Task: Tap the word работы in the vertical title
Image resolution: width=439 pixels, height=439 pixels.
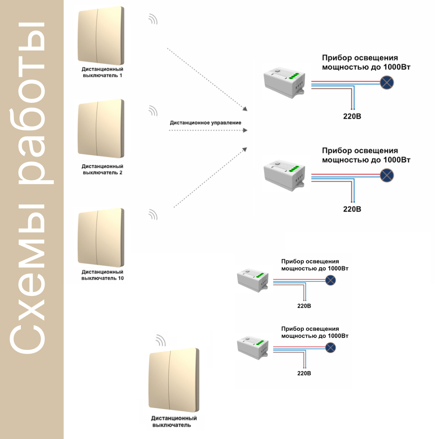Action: (31, 103)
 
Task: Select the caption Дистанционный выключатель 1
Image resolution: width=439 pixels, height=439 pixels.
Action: (102, 72)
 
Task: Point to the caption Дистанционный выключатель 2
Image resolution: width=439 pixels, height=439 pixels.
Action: (102, 169)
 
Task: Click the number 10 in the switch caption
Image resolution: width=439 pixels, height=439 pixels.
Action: (121, 278)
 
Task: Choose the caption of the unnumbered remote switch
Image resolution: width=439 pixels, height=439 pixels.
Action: (174, 422)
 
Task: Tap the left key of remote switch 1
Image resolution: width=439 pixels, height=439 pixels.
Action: (88, 35)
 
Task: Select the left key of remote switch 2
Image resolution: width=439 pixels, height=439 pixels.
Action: (88, 128)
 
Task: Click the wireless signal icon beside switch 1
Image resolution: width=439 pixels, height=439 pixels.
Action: (153, 19)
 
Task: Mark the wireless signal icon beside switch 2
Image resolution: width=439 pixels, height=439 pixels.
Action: (153, 111)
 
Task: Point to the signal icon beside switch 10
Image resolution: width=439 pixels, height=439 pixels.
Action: (153, 215)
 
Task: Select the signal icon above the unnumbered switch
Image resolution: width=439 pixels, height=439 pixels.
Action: (161, 341)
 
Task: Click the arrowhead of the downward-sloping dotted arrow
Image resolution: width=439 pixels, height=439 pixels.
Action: (245, 109)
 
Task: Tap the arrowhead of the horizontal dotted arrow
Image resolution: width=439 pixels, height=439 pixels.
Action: (245, 130)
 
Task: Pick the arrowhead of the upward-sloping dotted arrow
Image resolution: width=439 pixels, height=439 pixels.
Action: (245, 150)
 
